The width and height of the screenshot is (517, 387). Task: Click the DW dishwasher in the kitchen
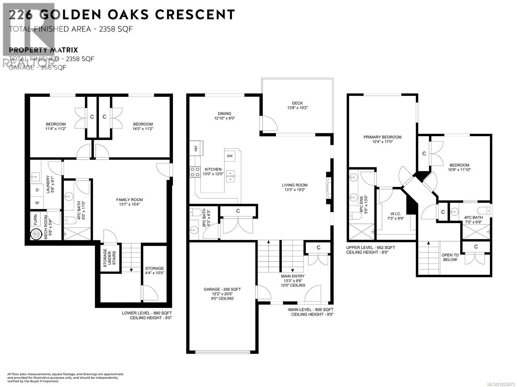(x=230, y=156)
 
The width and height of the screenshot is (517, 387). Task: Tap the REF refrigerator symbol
(x=196, y=148)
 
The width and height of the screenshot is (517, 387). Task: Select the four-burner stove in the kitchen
(x=195, y=172)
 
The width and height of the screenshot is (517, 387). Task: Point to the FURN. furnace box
(x=35, y=219)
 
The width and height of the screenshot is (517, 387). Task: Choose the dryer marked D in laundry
(x=37, y=190)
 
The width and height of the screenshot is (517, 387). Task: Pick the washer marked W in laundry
(x=37, y=203)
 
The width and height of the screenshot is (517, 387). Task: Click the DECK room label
(x=297, y=103)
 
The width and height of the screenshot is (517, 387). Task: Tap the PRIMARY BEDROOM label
(x=383, y=137)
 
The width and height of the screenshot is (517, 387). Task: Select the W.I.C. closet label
(x=396, y=214)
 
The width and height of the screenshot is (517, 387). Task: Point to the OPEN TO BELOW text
(x=450, y=257)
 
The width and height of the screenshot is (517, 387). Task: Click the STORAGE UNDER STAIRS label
(x=110, y=258)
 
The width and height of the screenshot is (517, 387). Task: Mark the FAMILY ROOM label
(x=129, y=200)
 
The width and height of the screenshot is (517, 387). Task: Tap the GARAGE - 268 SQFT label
(x=222, y=289)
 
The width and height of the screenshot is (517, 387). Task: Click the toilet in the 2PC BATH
(x=195, y=212)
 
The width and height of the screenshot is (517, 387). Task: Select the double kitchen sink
(x=231, y=176)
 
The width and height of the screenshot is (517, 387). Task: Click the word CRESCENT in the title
(x=195, y=15)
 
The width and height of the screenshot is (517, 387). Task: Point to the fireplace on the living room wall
(x=329, y=188)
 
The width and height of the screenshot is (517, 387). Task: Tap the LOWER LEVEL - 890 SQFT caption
(x=147, y=313)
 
